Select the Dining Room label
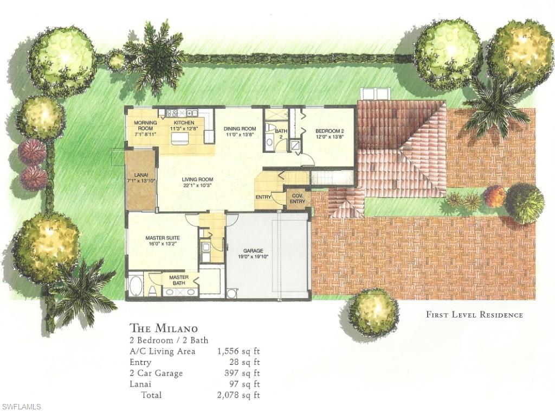click(x=238, y=131)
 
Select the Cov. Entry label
click(x=298, y=199)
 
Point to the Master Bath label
click(x=179, y=280)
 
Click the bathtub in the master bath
click(x=135, y=286)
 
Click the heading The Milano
click(x=164, y=328)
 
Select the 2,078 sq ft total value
click(x=238, y=395)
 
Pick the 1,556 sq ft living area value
click(x=238, y=351)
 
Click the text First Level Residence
click(x=474, y=314)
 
